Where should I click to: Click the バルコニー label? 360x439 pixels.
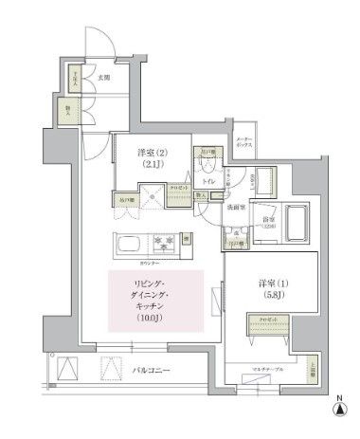[151, 371]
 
